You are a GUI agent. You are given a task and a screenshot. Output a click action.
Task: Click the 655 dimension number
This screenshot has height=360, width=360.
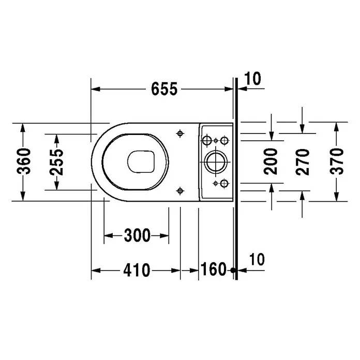(x=164, y=89)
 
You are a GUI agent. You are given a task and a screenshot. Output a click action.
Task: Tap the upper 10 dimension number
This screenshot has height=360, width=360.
(x=252, y=78)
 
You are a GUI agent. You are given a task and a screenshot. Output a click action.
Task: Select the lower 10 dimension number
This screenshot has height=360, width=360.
(x=257, y=259)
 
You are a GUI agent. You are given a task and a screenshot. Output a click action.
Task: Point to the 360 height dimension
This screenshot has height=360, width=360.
(x=24, y=161)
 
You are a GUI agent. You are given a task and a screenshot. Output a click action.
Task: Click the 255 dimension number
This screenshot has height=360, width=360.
(x=56, y=162)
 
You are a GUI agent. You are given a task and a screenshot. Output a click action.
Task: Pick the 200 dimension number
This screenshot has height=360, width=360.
(x=271, y=161)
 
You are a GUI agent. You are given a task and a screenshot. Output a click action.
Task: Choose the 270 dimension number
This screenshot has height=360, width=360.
(x=303, y=162)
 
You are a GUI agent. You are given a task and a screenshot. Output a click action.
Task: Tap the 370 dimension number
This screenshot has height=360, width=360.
(x=337, y=161)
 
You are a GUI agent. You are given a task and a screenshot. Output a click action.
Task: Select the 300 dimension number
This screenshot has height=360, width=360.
(x=137, y=235)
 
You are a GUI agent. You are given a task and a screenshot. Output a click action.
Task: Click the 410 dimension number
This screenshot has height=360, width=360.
(x=137, y=270)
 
